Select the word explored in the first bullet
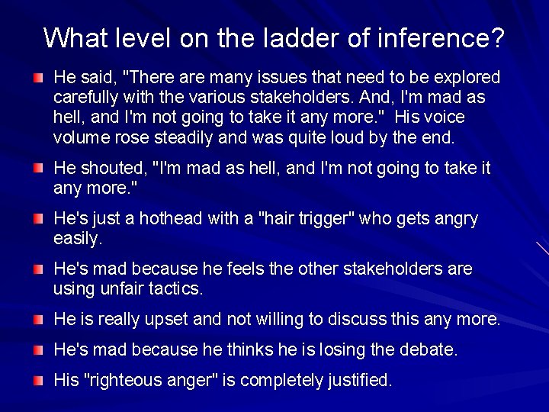pyautogui.click(x=464, y=78)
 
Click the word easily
pyautogui.click(x=77, y=239)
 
